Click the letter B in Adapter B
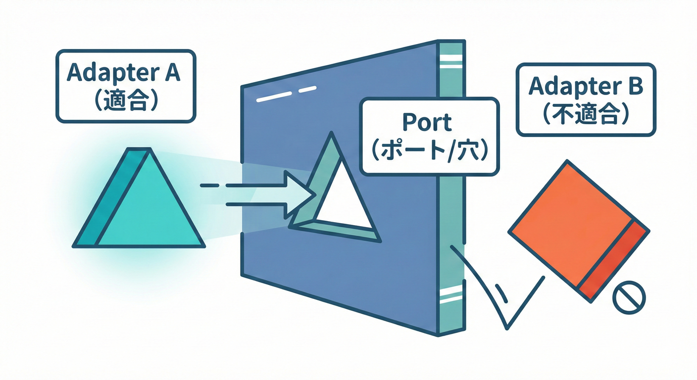tap(635, 86)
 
